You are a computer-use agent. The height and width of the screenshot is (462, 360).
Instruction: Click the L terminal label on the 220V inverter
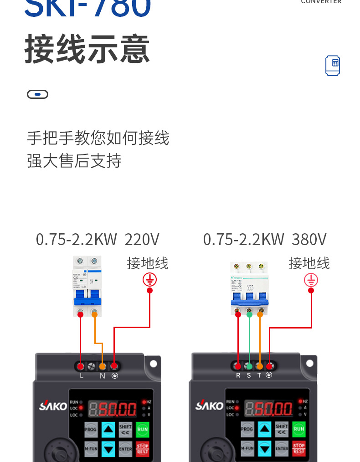[x=82, y=376]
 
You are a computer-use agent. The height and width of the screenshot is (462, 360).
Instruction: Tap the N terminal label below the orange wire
[x=103, y=376]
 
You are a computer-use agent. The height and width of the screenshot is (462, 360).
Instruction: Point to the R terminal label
[x=238, y=375]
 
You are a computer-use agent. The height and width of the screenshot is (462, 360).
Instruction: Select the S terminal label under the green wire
[x=249, y=375]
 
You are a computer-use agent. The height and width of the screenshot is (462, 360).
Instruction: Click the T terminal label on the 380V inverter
[x=260, y=375]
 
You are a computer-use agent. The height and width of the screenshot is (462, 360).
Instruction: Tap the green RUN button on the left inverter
[x=143, y=429]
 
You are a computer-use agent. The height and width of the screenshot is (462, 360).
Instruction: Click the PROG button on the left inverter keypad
[x=91, y=429]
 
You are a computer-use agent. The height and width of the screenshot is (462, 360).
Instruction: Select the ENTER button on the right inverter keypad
[x=282, y=448]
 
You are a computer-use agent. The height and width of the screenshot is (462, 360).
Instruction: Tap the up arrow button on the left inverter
[x=108, y=429]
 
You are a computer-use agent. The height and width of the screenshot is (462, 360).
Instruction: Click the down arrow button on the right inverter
[x=264, y=449]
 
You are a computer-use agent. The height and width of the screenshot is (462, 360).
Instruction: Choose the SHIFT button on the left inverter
[x=125, y=429]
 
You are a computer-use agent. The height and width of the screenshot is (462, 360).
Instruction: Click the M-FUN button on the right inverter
[x=247, y=448]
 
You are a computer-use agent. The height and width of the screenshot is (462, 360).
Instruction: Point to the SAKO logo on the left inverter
[x=53, y=406]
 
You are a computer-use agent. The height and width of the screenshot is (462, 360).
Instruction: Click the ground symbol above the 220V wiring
[x=149, y=279]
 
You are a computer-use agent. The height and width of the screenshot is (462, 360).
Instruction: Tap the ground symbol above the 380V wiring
[x=311, y=280]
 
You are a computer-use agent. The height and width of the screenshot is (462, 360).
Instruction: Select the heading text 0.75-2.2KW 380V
[x=265, y=239]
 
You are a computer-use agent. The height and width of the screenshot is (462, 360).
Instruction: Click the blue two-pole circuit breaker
[x=87, y=286]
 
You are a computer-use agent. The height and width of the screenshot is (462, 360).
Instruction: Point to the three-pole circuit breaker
[x=249, y=289]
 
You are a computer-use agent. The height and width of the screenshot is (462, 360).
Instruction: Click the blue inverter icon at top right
[x=333, y=66]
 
